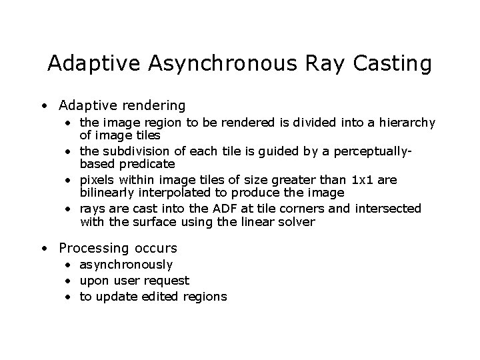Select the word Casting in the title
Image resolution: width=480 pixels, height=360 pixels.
click(394, 65)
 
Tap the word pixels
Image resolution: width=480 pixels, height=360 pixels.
click(97, 180)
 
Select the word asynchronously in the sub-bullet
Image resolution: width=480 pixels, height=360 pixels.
click(126, 265)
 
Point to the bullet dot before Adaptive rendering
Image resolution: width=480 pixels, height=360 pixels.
click(43, 106)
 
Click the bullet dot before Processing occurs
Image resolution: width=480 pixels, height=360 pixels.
click(43, 249)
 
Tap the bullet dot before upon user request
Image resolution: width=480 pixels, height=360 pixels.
click(70, 281)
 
